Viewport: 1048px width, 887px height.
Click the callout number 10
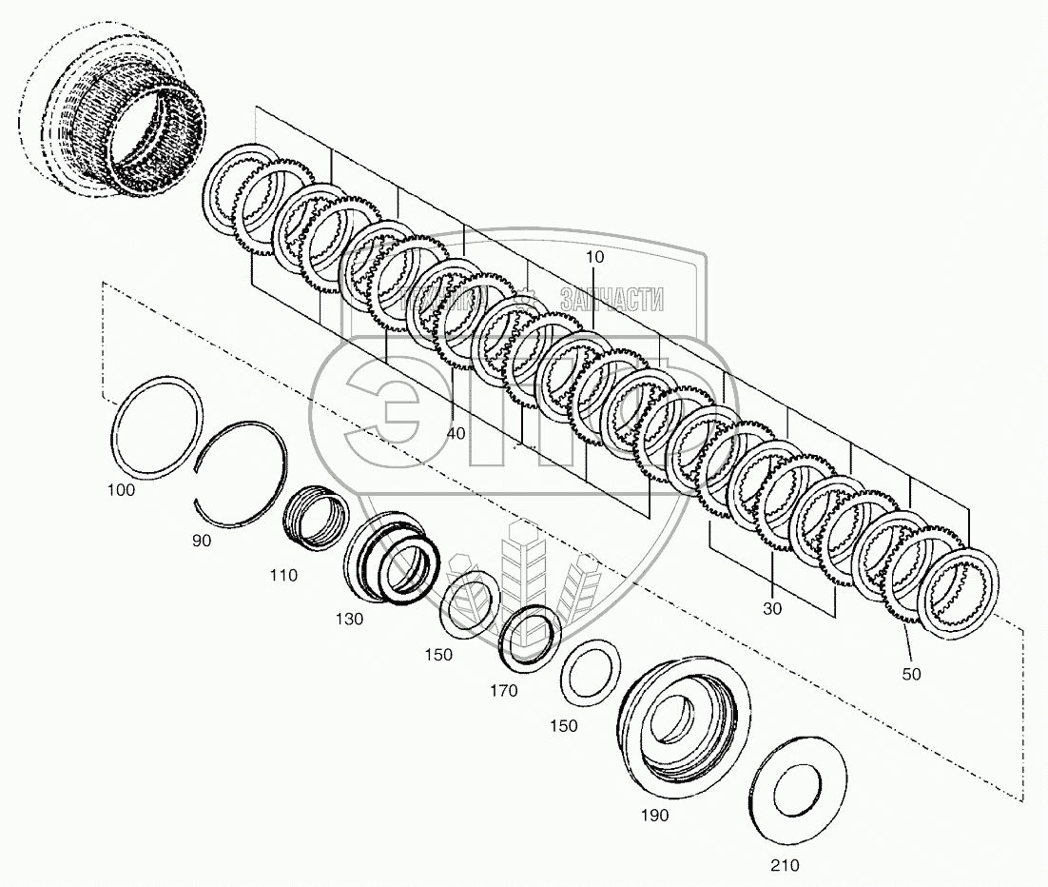click(594, 258)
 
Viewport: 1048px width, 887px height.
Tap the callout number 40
click(456, 433)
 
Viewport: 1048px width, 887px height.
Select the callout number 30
click(771, 609)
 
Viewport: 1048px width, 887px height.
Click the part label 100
click(121, 491)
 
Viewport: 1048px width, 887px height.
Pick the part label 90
click(201, 540)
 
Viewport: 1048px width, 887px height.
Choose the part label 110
click(282, 575)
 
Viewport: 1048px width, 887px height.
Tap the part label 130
click(349, 619)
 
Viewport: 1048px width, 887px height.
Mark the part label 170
click(504, 691)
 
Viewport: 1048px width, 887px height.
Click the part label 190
click(654, 815)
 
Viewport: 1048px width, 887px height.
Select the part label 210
click(785, 865)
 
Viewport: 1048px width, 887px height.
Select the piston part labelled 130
click(392, 558)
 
